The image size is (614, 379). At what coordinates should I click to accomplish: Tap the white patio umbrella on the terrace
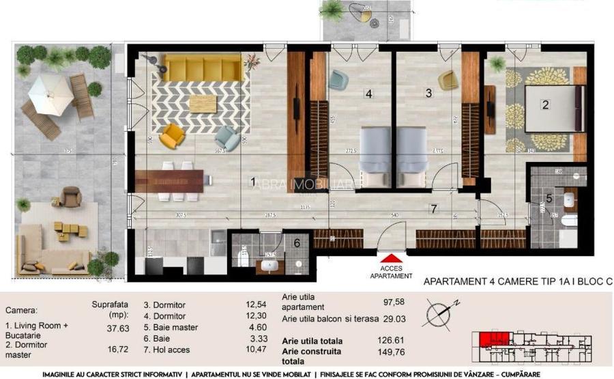click(50, 88)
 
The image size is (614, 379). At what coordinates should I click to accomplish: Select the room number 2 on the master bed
click(545, 104)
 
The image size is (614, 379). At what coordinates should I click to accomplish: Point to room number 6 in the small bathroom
click(297, 242)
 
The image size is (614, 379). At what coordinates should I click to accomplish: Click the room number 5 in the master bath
click(549, 199)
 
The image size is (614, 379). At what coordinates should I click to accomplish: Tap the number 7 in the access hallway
click(432, 208)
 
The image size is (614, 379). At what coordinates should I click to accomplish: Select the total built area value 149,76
click(390, 353)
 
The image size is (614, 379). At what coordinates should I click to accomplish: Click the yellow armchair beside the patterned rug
click(171, 137)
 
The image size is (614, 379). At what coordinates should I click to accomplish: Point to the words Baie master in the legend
click(171, 327)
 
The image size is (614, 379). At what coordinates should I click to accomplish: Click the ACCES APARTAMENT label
click(391, 272)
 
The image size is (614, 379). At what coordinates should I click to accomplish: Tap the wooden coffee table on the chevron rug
click(203, 103)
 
